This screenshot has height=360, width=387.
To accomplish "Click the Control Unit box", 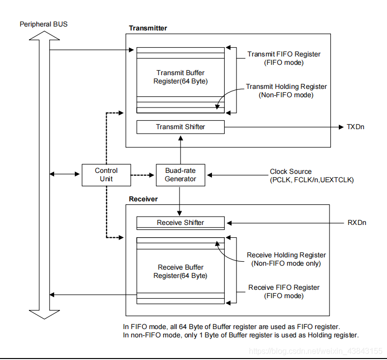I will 106,175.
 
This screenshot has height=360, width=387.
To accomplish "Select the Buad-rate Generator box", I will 180,175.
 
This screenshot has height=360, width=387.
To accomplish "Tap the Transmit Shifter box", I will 180,127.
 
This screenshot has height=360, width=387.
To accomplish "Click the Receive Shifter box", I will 180,222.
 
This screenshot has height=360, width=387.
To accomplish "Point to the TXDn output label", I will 356,127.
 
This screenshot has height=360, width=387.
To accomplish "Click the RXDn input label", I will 357,222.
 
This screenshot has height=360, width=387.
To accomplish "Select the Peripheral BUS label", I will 43,24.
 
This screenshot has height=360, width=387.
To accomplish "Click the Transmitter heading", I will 148,28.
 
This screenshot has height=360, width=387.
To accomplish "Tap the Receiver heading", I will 143,199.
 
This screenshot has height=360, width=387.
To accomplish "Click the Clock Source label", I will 291,171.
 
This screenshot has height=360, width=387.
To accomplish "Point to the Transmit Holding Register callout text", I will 286,90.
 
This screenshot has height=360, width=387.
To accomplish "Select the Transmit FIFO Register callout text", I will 284,58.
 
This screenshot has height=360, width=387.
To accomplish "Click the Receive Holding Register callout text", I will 286,259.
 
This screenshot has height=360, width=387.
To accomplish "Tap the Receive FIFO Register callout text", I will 284,291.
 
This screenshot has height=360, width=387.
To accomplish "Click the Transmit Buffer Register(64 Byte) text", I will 180,77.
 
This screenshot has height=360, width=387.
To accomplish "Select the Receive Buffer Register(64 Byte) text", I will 180,271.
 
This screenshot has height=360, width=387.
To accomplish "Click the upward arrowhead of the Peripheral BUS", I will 41,35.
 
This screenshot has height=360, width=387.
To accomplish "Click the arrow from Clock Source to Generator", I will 236,174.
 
